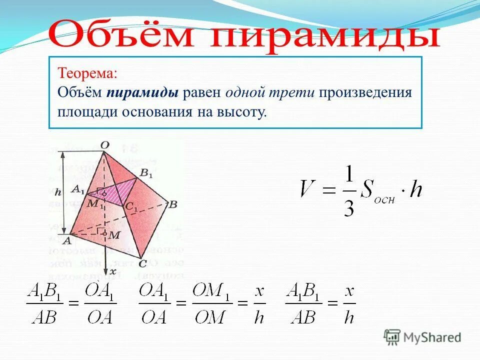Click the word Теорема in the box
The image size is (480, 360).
88,73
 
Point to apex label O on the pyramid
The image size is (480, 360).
104,145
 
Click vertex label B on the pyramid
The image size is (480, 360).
173,204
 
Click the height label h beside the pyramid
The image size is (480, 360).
58,192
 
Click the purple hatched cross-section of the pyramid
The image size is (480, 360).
120,192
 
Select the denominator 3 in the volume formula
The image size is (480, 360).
348,207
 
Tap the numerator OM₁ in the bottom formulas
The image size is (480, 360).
212,290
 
